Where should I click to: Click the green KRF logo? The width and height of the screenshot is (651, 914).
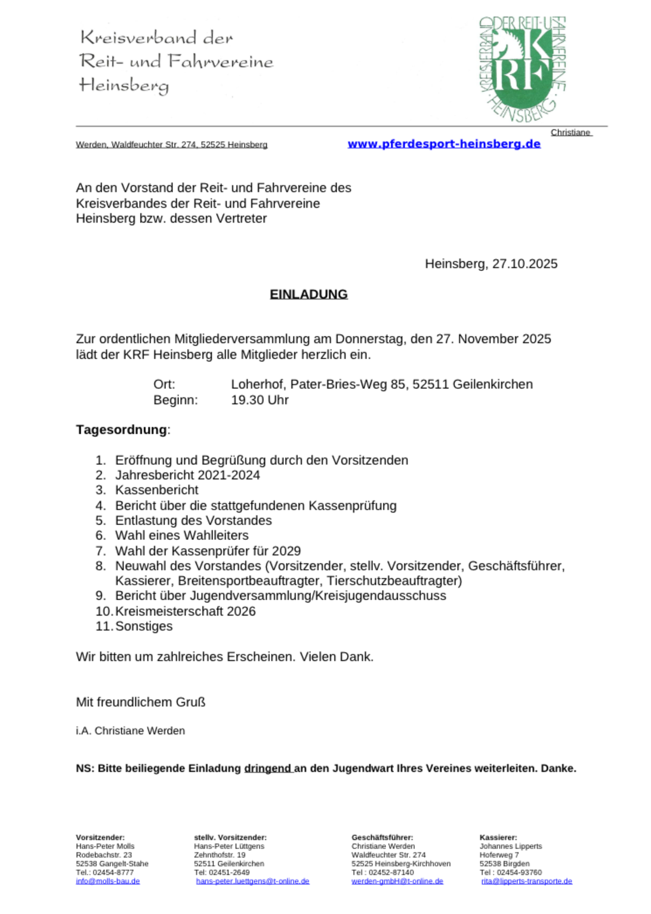(x=522, y=69)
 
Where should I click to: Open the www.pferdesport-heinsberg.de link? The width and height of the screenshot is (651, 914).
(x=444, y=144)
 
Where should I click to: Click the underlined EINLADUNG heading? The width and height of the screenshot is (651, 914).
(x=308, y=294)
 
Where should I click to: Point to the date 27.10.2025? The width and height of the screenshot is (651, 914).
(x=524, y=264)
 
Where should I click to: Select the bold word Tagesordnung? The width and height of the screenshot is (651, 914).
(x=121, y=430)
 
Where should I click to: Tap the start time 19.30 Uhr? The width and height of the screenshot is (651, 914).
(x=260, y=400)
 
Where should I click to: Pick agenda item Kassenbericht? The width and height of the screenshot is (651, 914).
(x=156, y=490)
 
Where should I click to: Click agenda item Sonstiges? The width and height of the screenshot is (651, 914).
(x=144, y=626)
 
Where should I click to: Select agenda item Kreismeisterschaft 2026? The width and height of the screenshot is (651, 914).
(x=185, y=611)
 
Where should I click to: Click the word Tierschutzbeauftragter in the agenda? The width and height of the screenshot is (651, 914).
(x=394, y=580)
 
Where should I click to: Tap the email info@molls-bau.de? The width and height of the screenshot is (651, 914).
(x=107, y=881)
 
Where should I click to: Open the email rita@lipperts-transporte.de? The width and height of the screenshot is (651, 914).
(x=526, y=881)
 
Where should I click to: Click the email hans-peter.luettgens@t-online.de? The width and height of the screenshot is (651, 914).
(x=252, y=881)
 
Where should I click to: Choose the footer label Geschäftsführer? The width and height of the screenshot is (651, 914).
(x=382, y=838)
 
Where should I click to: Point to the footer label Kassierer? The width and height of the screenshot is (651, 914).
(x=498, y=838)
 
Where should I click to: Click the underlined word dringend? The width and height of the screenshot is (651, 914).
(x=267, y=768)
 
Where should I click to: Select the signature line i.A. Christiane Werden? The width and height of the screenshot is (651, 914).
(x=130, y=731)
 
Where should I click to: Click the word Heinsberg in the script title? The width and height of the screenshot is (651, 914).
(x=124, y=86)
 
